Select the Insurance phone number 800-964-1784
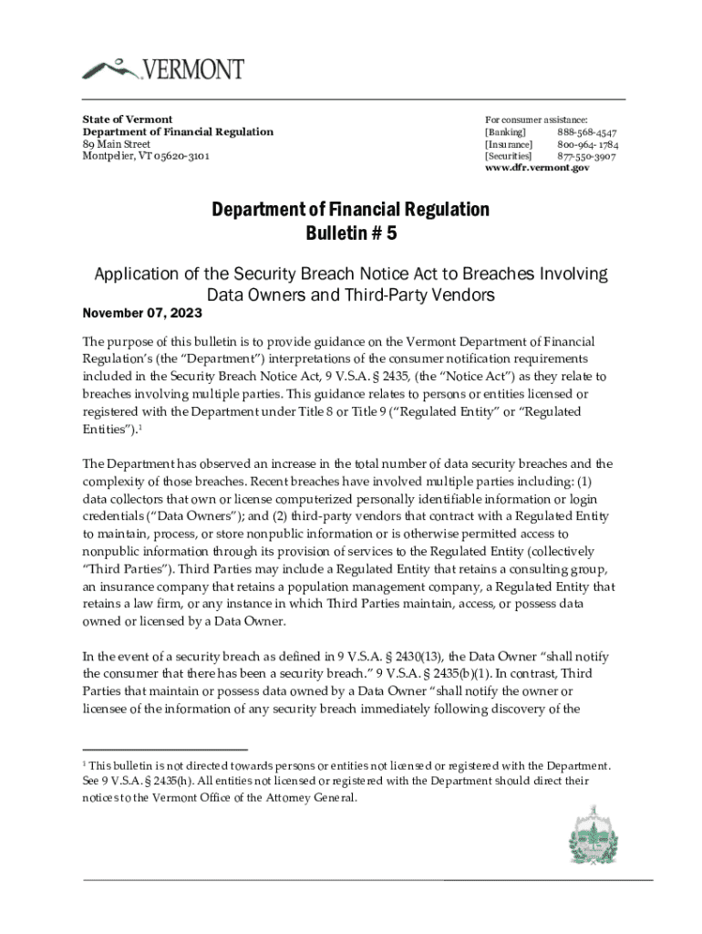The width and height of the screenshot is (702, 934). (x=588, y=144)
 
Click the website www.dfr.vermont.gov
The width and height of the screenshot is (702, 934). (x=536, y=168)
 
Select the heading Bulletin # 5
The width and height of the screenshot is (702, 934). (x=350, y=233)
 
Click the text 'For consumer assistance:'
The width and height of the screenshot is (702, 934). (x=536, y=120)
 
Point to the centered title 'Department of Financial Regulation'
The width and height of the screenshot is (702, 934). (x=350, y=210)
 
